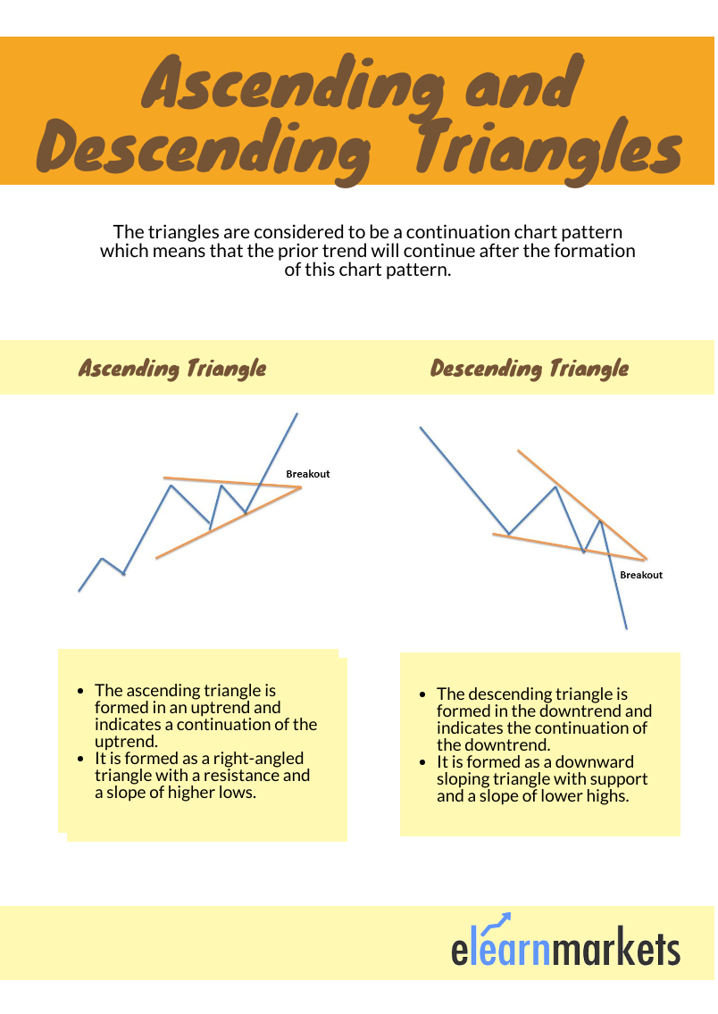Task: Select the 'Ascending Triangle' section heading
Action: click(x=172, y=368)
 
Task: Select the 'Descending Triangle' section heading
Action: click(x=530, y=368)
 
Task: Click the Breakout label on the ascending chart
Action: click(x=307, y=474)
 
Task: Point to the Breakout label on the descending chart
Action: click(x=641, y=575)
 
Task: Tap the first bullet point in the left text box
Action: click(x=81, y=691)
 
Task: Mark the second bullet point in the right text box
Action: click(x=423, y=762)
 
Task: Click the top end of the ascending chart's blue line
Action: click(x=296, y=413)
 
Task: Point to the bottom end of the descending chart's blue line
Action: click(x=626, y=628)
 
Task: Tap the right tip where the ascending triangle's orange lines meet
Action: click(x=301, y=487)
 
